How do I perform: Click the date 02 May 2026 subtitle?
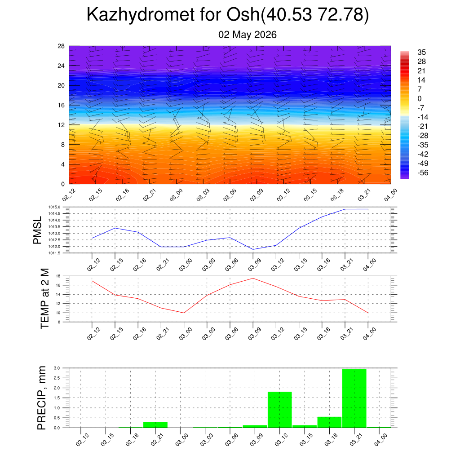(248, 35)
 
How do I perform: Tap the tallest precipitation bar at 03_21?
(354, 398)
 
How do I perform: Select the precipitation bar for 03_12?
(279, 410)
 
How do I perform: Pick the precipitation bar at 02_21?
(155, 425)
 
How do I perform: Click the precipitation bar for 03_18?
(329, 422)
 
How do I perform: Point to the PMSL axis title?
(37, 230)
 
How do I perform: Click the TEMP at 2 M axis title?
(44, 299)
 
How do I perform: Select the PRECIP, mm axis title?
(42, 398)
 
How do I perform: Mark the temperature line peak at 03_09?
(253, 278)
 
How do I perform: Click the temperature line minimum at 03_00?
(184, 313)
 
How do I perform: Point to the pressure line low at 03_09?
(253, 249)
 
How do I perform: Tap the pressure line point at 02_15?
(115, 228)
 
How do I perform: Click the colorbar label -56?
(423, 173)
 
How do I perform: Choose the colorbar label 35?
(421, 52)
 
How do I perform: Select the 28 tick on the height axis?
(61, 46)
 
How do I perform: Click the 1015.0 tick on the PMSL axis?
(54, 207)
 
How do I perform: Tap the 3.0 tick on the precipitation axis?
(57, 368)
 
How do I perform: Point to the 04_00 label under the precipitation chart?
(381, 440)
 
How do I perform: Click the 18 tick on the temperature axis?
(58, 276)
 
